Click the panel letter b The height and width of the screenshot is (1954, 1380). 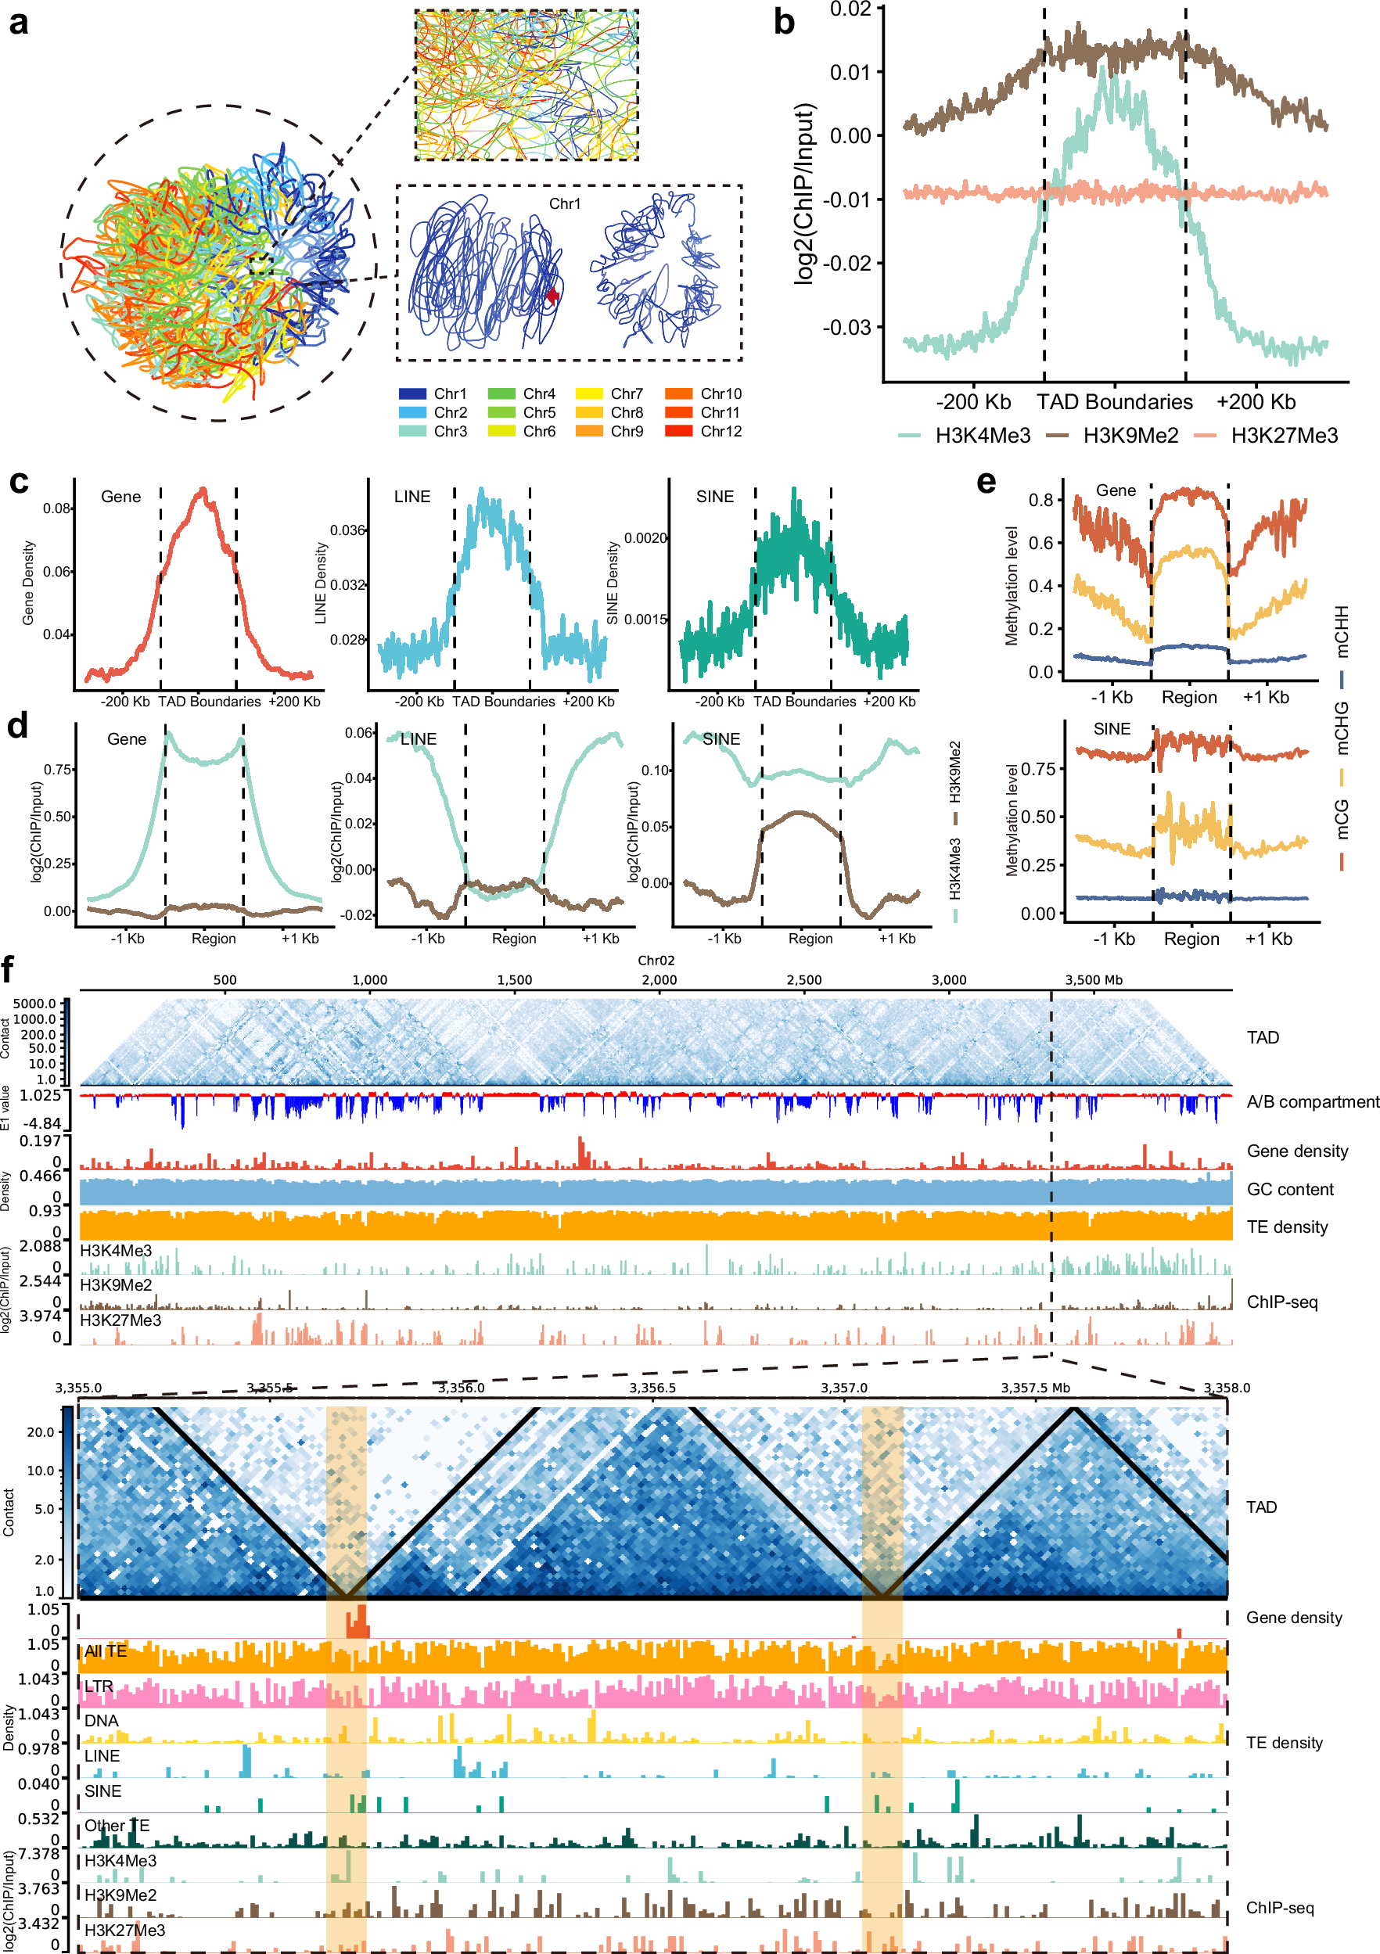coord(784,22)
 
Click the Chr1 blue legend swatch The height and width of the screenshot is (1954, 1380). coord(412,394)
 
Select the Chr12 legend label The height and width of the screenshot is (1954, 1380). coord(721,432)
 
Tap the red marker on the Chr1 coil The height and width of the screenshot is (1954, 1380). coord(552,296)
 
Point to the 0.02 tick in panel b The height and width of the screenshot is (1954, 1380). coord(851,9)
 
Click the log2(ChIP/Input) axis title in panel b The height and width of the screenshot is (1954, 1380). coord(805,194)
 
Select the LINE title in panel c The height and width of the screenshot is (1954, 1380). coord(412,496)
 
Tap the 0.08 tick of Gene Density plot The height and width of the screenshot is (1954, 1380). coord(57,508)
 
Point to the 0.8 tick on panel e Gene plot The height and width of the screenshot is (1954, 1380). coord(1040,500)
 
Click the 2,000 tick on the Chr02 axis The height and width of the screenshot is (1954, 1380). coord(659,979)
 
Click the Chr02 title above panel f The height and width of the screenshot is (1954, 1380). coord(656,960)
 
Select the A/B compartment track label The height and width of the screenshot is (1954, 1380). coord(1312,1102)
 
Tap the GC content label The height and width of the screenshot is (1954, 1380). coord(1290,1190)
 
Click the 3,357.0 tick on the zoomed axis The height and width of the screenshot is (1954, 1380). coord(843,1388)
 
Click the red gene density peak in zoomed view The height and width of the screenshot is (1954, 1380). coord(358,1622)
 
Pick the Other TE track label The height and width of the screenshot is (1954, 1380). coord(117,1826)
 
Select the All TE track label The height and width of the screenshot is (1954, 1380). coord(106,1651)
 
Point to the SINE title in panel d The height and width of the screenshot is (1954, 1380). coord(721,738)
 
